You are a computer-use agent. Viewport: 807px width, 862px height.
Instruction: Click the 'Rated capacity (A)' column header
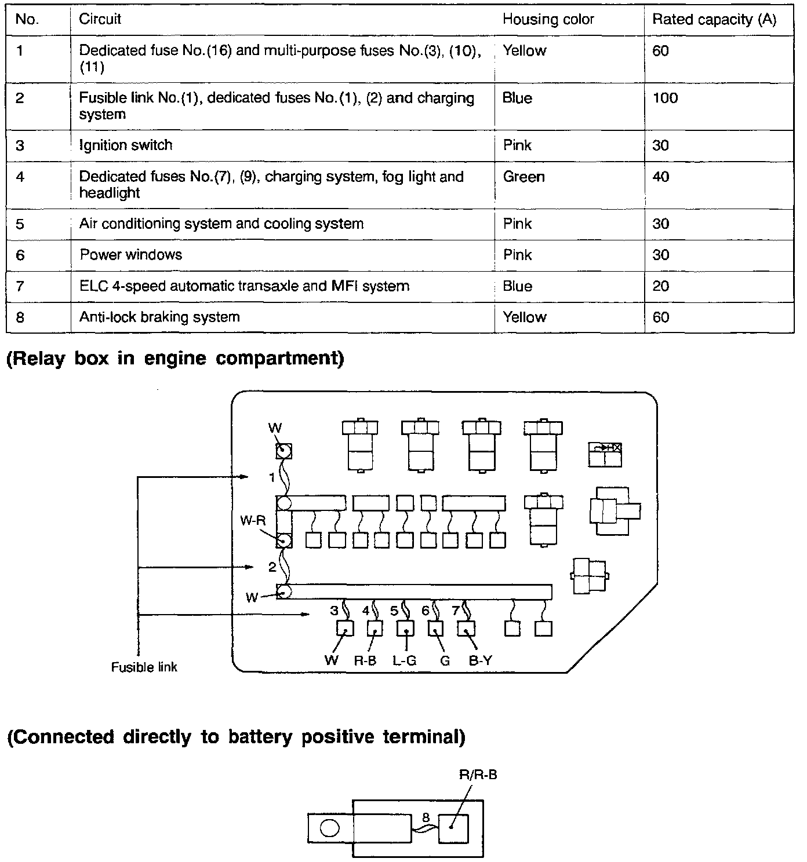[x=714, y=19]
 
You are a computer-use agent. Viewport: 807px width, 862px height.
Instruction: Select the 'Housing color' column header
[x=548, y=19]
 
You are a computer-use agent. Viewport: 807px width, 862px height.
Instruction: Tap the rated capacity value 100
[x=665, y=98]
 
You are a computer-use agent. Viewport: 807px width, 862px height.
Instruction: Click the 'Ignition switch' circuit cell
[x=126, y=145]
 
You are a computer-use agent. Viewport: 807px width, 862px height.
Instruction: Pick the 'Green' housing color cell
[x=524, y=177]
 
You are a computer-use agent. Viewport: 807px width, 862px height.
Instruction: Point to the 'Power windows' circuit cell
[x=131, y=255]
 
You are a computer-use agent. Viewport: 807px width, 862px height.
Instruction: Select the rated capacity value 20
[x=661, y=286]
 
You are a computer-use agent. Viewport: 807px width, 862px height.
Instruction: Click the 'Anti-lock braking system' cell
[x=159, y=317]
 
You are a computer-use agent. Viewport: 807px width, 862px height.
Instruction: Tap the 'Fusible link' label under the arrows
[x=144, y=667]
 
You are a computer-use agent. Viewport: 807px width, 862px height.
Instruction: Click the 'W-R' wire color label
[x=253, y=521]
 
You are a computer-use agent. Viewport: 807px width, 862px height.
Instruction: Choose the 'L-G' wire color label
[x=404, y=660]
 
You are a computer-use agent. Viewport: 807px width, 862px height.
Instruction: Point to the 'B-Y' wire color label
[x=480, y=660]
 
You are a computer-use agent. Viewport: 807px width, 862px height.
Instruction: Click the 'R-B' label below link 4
[x=365, y=660]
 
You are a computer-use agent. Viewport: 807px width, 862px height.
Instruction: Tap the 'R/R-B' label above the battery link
[x=478, y=775]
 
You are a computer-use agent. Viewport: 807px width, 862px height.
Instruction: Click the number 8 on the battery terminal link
[x=426, y=817]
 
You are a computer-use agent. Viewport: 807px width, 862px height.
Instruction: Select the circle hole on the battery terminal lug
[x=329, y=828]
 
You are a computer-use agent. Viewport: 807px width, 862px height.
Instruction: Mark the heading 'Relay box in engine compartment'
[x=175, y=359]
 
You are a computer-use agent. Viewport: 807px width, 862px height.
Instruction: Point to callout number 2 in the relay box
[x=272, y=567]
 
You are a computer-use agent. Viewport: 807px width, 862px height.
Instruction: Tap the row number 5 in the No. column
[x=20, y=224]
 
